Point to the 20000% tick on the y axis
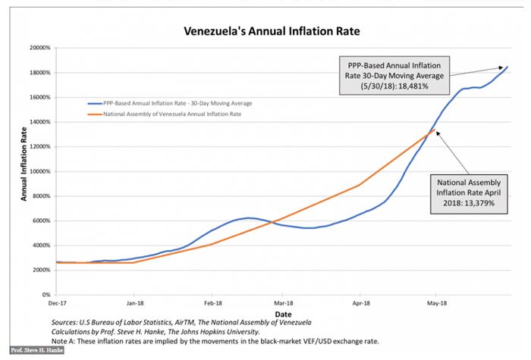coord(39,48)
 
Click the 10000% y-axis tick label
coord(39,171)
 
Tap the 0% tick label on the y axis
coord(46,295)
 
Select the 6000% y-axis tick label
coord(41,221)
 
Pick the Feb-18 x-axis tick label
coord(212,302)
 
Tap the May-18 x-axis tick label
coord(435,302)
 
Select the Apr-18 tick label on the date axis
coord(361,302)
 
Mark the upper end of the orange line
coord(435,130)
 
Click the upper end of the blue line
coord(507,67)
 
